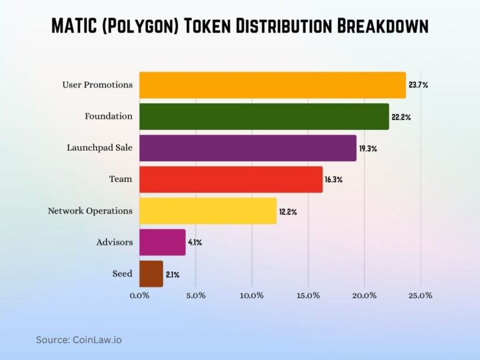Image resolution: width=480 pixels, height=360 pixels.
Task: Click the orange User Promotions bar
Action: click(x=272, y=85)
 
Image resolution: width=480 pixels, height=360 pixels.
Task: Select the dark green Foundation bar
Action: click(x=264, y=117)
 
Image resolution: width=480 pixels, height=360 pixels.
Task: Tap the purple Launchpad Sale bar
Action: click(x=247, y=148)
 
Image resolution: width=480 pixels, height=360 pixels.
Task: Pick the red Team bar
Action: click(x=231, y=179)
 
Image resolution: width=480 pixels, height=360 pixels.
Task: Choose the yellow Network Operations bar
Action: click(x=207, y=211)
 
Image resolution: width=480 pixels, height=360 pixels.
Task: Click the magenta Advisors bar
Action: click(x=162, y=242)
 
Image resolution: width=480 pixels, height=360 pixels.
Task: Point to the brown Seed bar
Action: click(x=151, y=274)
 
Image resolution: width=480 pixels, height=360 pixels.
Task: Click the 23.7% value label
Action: click(x=417, y=85)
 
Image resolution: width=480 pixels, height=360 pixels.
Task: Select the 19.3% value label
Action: click(x=368, y=148)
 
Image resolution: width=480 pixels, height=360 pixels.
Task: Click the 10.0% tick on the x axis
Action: click(x=251, y=295)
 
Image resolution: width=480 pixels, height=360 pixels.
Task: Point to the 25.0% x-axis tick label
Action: click(x=420, y=295)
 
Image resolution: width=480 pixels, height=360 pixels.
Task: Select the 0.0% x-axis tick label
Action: click(x=139, y=295)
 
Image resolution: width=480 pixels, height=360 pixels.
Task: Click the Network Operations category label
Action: click(x=90, y=211)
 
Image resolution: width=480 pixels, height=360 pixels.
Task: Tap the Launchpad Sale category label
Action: click(x=99, y=148)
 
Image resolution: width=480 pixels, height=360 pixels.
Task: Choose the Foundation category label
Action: click(x=109, y=116)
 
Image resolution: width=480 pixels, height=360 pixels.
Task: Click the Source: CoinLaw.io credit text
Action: click(x=78, y=339)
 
